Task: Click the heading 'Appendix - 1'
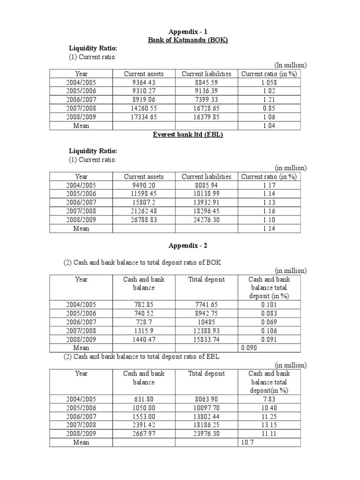point(187,32)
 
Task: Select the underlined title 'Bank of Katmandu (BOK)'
point(187,40)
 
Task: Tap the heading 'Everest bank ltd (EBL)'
point(187,135)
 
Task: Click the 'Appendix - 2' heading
point(187,245)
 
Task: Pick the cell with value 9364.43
point(143,82)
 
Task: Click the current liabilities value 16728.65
point(206,108)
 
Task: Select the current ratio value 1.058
point(269,82)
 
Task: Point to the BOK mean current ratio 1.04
point(269,126)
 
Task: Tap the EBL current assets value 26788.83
point(143,220)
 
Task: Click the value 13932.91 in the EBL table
point(206,202)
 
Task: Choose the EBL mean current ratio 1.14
point(269,228)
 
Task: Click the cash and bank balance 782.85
point(143,305)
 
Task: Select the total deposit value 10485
point(206,322)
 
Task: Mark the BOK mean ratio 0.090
point(249,348)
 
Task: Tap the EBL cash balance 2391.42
point(143,425)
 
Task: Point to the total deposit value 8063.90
point(206,399)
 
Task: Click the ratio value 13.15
point(269,425)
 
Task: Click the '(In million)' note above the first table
point(291,65)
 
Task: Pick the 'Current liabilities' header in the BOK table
point(206,74)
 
